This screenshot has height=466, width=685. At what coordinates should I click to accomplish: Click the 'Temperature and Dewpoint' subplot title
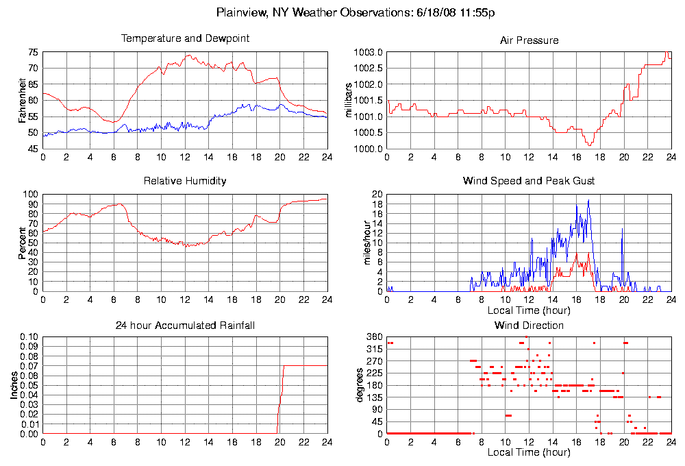click(185, 38)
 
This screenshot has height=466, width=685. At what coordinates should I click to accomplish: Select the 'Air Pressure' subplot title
click(529, 40)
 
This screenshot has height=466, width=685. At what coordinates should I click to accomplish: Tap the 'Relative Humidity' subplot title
click(185, 181)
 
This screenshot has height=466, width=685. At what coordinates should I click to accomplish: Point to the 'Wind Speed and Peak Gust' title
click(529, 181)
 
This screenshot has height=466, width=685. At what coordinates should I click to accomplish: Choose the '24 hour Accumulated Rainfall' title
click(185, 325)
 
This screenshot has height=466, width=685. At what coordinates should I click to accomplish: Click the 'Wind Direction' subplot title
click(529, 325)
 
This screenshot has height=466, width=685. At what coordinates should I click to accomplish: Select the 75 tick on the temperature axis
click(33, 52)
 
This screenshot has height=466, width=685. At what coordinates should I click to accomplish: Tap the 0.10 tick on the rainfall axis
click(29, 337)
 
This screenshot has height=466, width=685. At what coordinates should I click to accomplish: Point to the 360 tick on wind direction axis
click(374, 337)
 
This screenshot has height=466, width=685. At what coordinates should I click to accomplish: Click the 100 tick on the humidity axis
click(31, 195)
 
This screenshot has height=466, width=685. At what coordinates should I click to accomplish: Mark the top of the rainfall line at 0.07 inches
click(284, 366)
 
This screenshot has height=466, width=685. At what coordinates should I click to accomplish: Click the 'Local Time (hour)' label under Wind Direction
click(529, 452)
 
